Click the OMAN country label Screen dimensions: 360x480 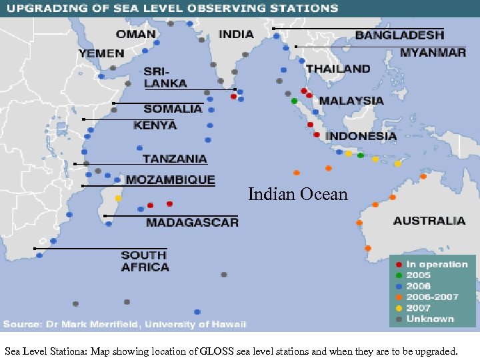coord(135,34)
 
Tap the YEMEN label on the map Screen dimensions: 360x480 coord(101,53)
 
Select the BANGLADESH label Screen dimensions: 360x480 coord(399,35)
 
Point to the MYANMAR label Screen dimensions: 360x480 coord(433,53)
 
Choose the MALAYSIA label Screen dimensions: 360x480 coord(351,101)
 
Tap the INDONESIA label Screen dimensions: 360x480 coord(361,136)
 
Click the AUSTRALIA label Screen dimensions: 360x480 coord(429,221)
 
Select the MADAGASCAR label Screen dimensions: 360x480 coord(192,223)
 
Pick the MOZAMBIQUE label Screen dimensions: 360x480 coord(171,180)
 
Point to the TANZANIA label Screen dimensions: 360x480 coord(175,159)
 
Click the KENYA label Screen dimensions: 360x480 coord(155,125)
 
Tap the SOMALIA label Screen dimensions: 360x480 coord(173,109)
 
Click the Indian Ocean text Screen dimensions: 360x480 coord(298,195)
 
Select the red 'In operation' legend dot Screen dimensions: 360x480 coord(399,265)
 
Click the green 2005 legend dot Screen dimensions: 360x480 coord(399,275)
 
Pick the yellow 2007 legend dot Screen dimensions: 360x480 coord(399,308)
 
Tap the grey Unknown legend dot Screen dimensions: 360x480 coord(399,319)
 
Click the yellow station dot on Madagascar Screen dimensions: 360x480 coord(119,198)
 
